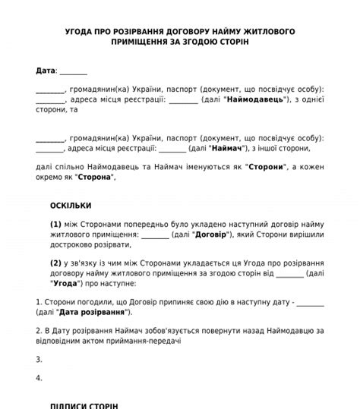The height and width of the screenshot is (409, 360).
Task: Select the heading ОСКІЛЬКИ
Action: coord(71,205)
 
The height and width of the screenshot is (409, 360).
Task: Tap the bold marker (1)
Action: coord(55,225)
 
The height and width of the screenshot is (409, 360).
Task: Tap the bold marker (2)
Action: coord(55,263)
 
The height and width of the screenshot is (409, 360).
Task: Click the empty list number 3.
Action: coord(39,359)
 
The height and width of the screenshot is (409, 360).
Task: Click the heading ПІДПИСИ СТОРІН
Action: coord(84,405)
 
